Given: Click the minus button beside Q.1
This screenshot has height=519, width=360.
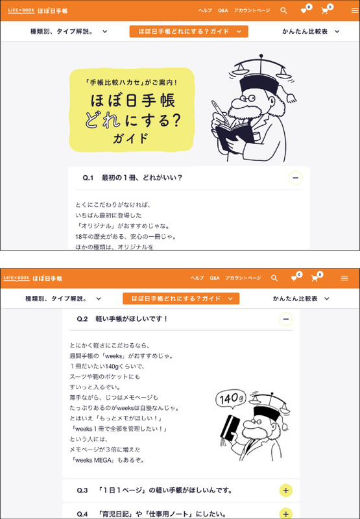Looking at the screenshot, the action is pyautogui.click(x=296, y=178).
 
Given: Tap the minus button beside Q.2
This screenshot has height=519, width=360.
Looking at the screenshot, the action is pyautogui.click(x=286, y=319).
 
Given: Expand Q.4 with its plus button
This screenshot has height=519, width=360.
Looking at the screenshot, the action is pyautogui.click(x=286, y=514).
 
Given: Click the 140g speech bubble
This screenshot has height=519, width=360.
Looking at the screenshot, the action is pyautogui.click(x=231, y=399).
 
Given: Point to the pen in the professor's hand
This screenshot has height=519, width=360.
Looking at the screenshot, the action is pyautogui.click(x=219, y=112).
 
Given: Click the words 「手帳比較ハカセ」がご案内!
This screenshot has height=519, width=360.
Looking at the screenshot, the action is pyautogui.click(x=132, y=82).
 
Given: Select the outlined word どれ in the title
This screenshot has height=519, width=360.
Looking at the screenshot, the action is pyautogui.click(x=102, y=121).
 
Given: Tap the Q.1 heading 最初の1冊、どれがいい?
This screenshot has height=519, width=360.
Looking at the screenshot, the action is pyautogui.click(x=142, y=178).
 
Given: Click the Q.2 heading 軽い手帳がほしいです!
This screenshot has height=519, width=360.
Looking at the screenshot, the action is pyautogui.click(x=132, y=319).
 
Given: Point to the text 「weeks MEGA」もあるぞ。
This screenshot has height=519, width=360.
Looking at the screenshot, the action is pyautogui.click(x=107, y=461).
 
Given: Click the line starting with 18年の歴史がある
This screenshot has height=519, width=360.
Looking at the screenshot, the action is pyautogui.click(x=125, y=237).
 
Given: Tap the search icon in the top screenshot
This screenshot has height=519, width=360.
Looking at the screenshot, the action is pyautogui.click(x=283, y=10).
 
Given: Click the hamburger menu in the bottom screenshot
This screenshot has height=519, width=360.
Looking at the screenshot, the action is pyautogui.click(x=344, y=278).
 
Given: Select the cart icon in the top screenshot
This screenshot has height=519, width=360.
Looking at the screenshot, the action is pyautogui.click(x=324, y=10).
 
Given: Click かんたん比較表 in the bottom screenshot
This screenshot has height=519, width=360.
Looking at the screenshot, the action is pyautogui.click(x=295, y=298).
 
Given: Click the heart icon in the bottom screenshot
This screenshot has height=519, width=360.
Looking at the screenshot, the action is pyautogui.click(x=294, y=279).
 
